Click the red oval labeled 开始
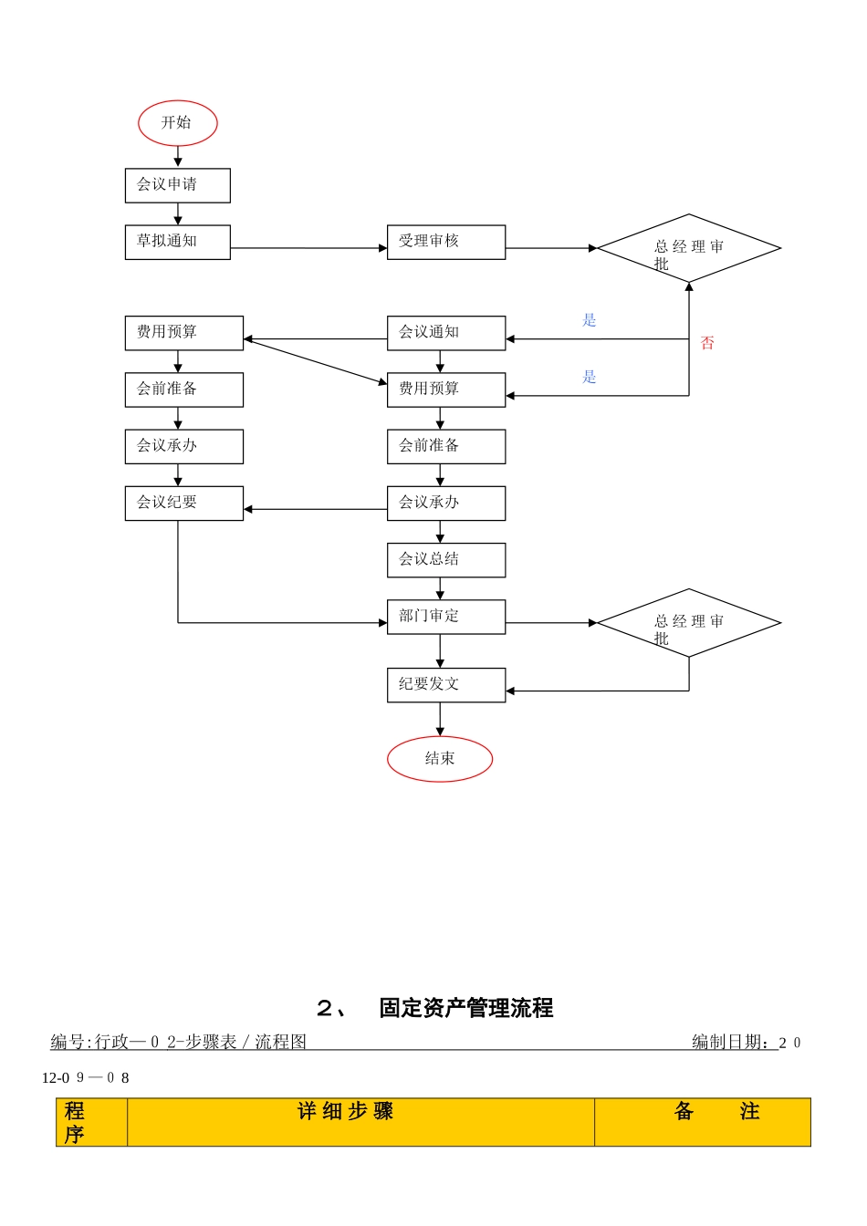(x=178, y=123)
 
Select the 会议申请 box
(x=177, y=185)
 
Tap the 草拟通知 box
(x=177, y=242)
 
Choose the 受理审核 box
(x=445, y=242)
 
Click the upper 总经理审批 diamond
(x=689, y=248)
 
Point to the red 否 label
(x=707, y=343)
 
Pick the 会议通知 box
(x=445, y=333)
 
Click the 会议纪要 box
(x=183, y=503)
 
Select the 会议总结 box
(x=445, y=560)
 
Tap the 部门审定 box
(x=445, y=617)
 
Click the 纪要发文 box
(x=445, y=685)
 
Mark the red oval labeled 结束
(x=440, y=759)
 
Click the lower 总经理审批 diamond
(x=689, y=623)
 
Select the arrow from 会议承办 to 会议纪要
(x=315, y=509)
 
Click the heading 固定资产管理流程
(x=465, y=1008)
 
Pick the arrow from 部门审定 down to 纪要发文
(x=440, y=651)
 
